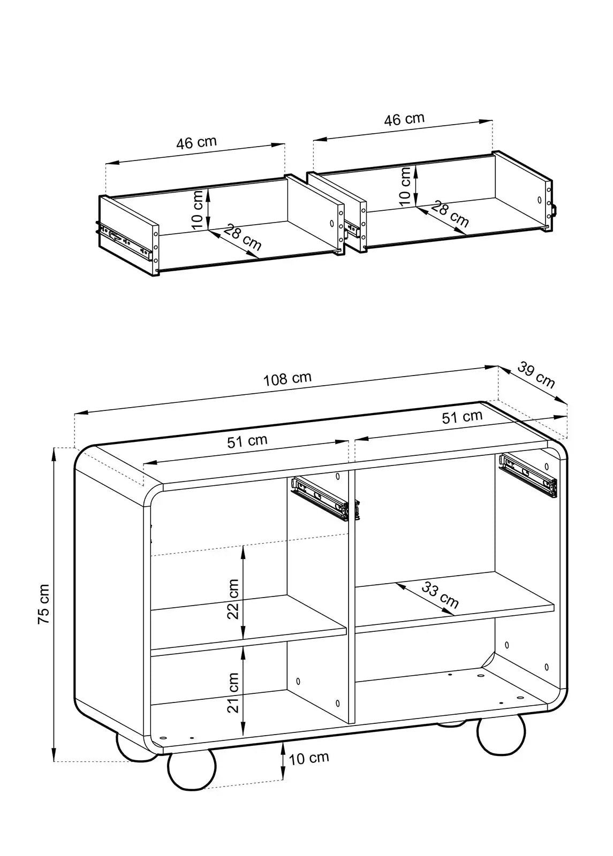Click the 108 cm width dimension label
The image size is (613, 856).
tap(287, 378)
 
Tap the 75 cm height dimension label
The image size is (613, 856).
tap(43, 604)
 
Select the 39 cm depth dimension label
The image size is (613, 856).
tap(536, 375)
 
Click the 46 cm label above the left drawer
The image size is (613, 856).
tap(196, 142)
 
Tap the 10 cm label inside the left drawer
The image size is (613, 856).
tap(198, 210)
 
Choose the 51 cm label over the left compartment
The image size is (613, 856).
tap(247, 441)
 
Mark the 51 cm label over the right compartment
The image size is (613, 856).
tap(462, 417)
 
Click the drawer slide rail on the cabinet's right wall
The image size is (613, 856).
tap(527, 476)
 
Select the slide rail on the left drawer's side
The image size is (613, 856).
tap(125, 240)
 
